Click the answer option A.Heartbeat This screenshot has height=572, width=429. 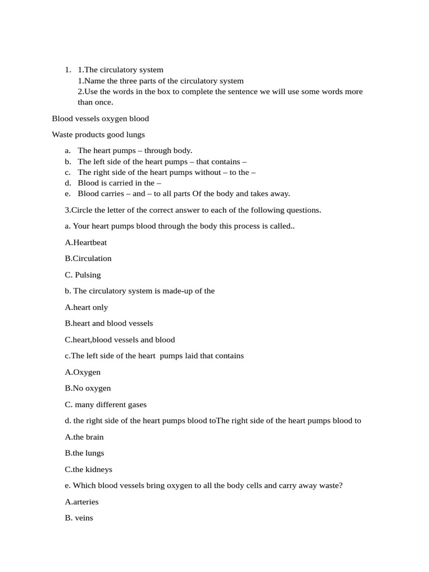[86, 242]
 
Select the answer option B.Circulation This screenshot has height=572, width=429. [88, 259]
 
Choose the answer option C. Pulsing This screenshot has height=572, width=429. [83, 275]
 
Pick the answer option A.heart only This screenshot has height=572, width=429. [87, 307]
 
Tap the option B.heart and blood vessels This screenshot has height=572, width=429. [109, 323]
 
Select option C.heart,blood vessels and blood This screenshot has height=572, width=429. [120, 340]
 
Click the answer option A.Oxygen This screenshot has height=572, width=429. [83, 372]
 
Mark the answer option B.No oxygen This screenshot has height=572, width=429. [88, 388]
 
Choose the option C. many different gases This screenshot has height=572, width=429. [106, 404]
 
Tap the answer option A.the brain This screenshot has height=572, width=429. [84, 437]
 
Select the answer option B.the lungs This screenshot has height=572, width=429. [84, 453]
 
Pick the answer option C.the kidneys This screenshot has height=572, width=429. [89, 469]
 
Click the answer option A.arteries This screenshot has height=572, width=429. [82, 502]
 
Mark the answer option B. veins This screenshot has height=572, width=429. [79, 518]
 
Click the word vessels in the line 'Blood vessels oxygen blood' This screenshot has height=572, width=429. [85, 118]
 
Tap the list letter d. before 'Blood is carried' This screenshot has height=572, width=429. [68, 183]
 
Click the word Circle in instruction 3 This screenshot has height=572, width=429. [82, 210]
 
